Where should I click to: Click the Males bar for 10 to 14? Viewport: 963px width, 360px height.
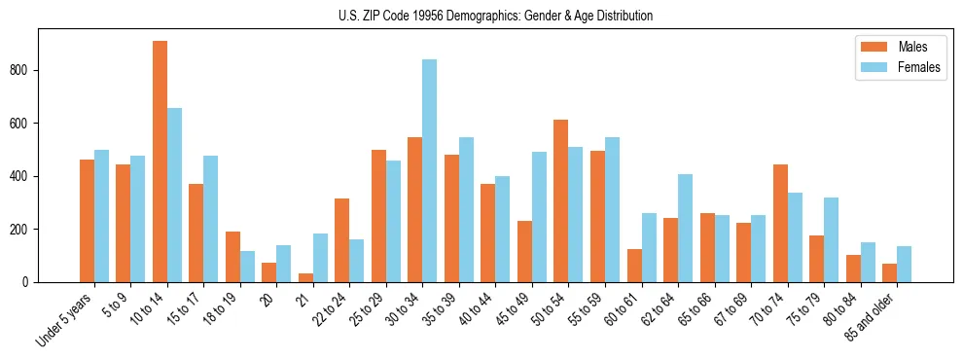coord(160,162)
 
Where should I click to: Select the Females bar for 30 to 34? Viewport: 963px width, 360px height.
coord(429,171)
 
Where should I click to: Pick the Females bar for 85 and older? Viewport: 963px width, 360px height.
coord(904,265)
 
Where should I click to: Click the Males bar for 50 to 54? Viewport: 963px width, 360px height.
coord(560,201)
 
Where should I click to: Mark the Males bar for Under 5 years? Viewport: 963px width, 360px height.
coord(87,221)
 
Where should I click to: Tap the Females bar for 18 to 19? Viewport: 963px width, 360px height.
coord(247,267)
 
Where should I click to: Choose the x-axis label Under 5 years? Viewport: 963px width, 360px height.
coord(66,318)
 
